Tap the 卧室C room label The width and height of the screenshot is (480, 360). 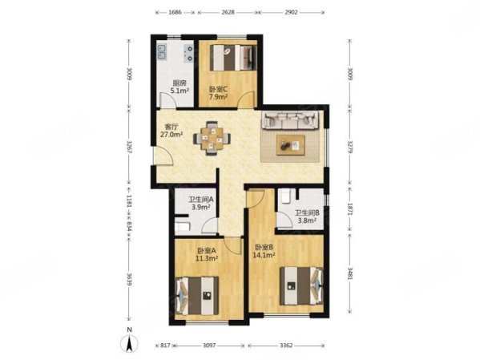coord(218,90)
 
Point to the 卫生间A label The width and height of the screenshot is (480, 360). coord(200,200)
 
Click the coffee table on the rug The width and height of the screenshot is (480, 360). coord(292,145)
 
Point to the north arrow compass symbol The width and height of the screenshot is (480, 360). coord(127,344)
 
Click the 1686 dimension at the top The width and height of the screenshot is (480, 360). coord(175,13)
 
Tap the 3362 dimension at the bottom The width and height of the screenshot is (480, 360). coord(286,345)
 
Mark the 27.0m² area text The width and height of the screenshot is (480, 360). coord(171,136)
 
